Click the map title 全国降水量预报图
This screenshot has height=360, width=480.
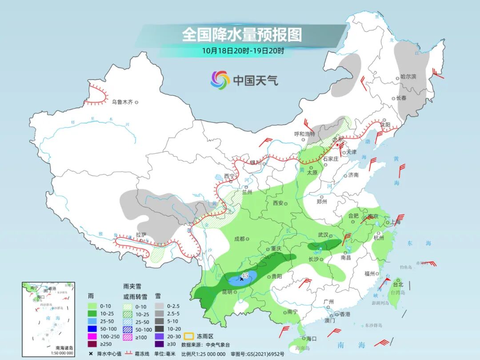click(242, 35)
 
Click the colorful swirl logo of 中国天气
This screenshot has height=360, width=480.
click(220, 80)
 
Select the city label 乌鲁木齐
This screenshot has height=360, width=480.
click(122, 102)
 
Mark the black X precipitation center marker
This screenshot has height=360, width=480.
click(241, 279)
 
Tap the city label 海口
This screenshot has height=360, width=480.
click(311, 338)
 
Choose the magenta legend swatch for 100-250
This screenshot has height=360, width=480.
click(92, 336)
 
